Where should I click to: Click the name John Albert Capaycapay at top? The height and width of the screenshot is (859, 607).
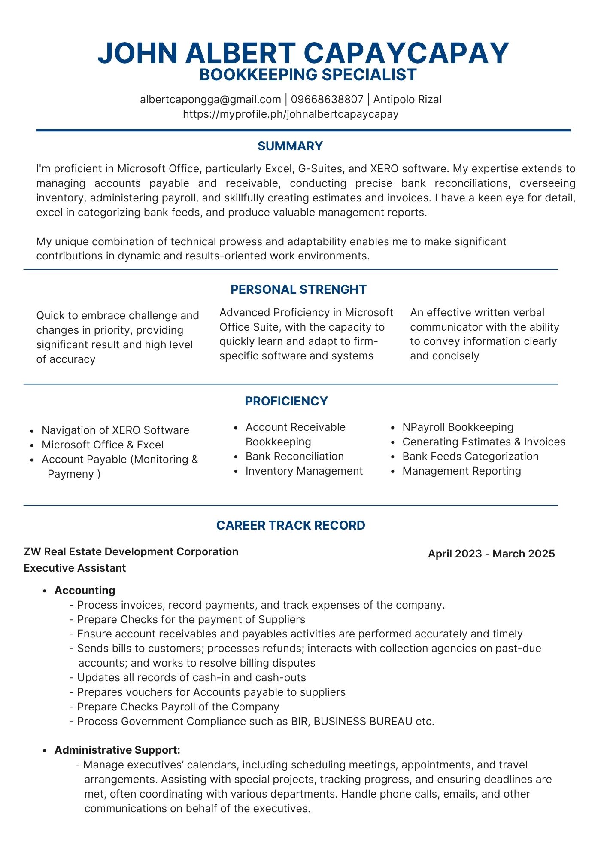[x=303, y=53]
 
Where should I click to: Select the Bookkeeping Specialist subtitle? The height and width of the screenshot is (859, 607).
[x=308, y=75]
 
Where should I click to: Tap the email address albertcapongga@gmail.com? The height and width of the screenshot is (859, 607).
[x=210, y=100]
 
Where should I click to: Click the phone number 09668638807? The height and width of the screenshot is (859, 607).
[x=327, y=100]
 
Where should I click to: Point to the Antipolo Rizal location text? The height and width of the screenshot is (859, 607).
[x=407, y=100]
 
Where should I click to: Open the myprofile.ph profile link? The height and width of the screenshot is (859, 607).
[x=291, y=114]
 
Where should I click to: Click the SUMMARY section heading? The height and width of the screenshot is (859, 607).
[x=290, y=146]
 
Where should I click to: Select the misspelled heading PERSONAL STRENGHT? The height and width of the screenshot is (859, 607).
[x=298, y=289]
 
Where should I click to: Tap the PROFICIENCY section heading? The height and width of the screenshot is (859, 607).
[x=286, y=401]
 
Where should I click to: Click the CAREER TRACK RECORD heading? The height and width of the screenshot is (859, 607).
[x=291, y=525]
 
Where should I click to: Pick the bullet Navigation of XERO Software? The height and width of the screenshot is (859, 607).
[x=115, y=430]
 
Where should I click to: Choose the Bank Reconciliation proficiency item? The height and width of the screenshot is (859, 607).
[x=294, y=457]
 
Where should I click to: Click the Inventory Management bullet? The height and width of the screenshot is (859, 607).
[x=304, y=471]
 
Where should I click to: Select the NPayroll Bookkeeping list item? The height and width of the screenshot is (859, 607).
[x=458, y=427]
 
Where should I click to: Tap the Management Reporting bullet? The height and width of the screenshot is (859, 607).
[x=461, y=471]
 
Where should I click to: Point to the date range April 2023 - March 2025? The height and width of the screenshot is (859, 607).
[x=491, y=554]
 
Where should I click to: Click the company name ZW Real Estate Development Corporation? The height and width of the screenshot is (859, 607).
[x=131, y=552]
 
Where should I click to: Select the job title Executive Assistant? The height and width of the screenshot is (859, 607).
[x=75, y=568]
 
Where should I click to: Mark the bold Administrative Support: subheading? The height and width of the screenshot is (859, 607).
[x=117, y=750]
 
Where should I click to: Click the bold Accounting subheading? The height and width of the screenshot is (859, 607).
[x=85, y=591]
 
